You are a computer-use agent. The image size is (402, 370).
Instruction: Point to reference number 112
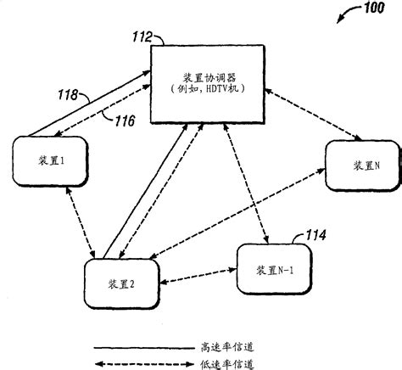(x=141, y=36)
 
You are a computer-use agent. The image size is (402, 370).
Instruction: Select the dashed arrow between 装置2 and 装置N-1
(x=199, y=277)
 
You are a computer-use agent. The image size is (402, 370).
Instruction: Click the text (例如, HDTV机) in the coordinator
(x=207, y=88)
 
